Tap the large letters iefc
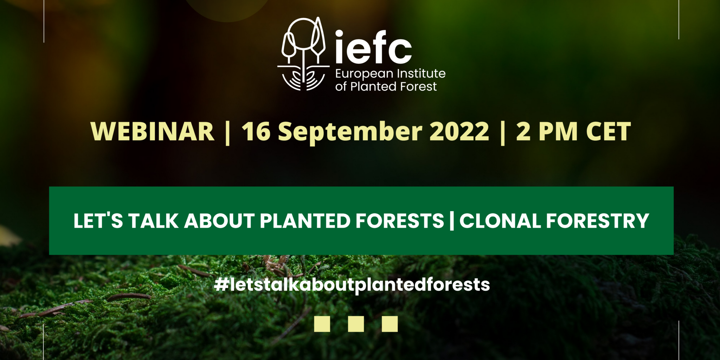(x=373, y=47)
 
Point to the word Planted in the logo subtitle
(x=374, y=86)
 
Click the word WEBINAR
(x=152, y=131)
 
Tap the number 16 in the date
(x=256, y=131)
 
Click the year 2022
(x=459, y=131)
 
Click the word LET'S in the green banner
(x=98, y=221)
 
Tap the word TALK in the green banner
(x=154, y=221)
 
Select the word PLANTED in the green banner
(x=305, y=221)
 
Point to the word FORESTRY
(x=597, y=221)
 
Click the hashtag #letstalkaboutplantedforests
(x=352, y=285)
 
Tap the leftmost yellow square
(x=322, y=324)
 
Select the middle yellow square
(x=356, y=324)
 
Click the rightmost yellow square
(x=390, y=324)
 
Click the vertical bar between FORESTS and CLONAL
(x=452, y=221)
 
